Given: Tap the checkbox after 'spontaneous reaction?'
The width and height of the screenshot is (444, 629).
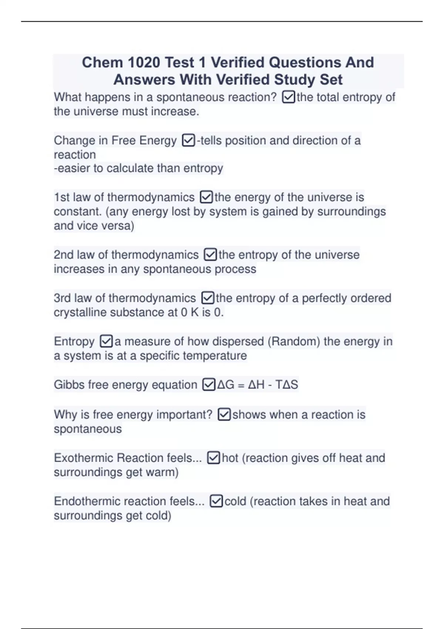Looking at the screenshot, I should [x=289, y=97].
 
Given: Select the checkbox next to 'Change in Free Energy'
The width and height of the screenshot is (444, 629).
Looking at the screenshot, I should [x=188, y=141].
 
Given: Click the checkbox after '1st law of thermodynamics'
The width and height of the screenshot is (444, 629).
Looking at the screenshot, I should [x=206, y=197].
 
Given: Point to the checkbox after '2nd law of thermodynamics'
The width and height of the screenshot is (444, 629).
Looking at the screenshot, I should [x=210, y=255].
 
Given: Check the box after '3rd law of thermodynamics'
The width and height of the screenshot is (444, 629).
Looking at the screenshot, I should [x=208, y=298].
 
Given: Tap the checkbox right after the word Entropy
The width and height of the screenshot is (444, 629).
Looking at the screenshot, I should [x=106, y=342].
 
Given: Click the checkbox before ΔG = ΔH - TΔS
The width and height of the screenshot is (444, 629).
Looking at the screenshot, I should [x=209, y=385].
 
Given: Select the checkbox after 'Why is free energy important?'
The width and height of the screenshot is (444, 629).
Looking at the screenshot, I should [x=224, y=415].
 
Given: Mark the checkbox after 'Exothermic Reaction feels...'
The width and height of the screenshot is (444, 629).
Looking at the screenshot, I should [x=213, y=458].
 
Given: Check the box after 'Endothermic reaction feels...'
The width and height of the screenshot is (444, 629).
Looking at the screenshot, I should [x=216, y=501].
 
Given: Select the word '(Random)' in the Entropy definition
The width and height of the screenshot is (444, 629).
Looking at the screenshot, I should [x=293, y=342].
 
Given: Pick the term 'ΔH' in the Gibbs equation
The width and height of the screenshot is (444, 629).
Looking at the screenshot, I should [x=256, y=385].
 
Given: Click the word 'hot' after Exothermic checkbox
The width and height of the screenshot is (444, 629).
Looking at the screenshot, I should [x=230, y=458].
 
